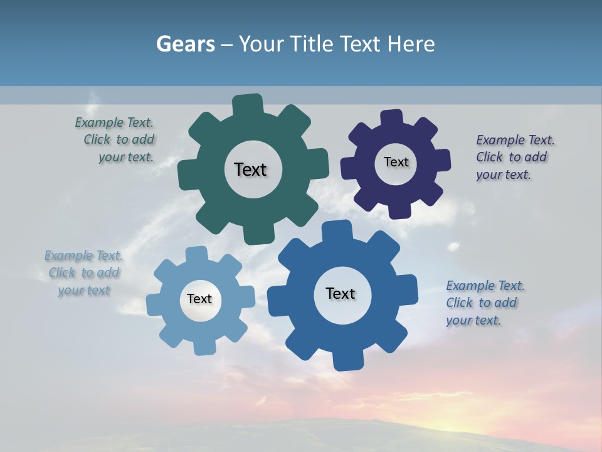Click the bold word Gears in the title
186,44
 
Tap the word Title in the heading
312,44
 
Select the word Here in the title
411,44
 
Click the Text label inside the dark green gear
250,169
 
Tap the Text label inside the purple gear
396,162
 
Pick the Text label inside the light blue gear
199,299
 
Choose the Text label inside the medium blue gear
341,293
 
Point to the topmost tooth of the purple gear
392,119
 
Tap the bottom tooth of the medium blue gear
347,360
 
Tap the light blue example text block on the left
83,272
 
